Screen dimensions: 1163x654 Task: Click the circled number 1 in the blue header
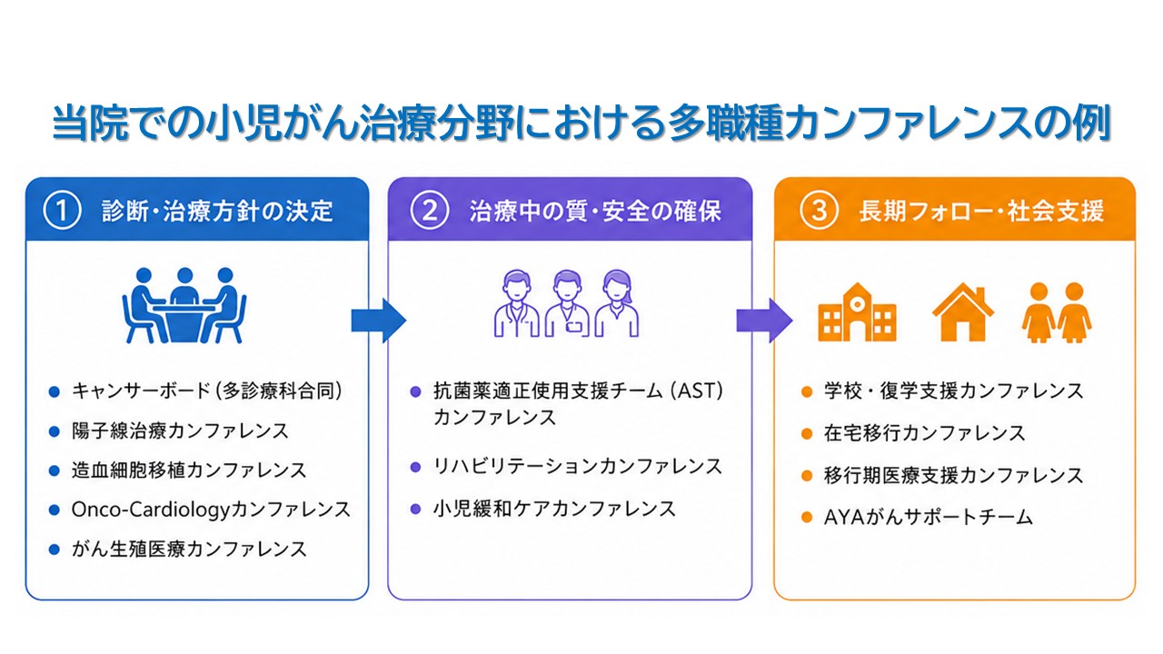tap(63, 211)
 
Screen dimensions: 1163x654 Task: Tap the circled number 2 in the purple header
tap(430, 211)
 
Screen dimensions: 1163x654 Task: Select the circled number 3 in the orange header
tap(819, 211)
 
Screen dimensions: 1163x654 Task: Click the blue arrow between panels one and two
tap(379, 321)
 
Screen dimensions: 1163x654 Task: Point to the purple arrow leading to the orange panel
tap(764, 321)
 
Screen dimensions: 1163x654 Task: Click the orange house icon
tap(963, 312)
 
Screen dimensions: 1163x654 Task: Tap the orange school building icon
tap(857, 312)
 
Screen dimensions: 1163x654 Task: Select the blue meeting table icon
tap(184, 305)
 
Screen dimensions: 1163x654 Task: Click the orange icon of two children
tap(1057, 312)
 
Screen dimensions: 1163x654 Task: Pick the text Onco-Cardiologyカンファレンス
tap(211, 510)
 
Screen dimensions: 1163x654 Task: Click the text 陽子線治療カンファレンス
tap(180, 431)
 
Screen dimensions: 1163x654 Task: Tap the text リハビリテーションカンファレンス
tap(577, 466)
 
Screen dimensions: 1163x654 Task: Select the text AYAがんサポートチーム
tap(929, 517)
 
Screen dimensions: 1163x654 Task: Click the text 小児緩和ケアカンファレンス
tap(554, 509)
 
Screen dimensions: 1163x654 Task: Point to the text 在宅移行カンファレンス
tap(924, 433)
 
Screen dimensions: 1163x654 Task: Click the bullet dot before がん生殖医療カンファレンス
tap(54, 550)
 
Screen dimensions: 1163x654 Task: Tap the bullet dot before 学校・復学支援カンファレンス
tap(806, 391)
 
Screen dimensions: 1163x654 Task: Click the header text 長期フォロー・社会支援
tap(981, 212)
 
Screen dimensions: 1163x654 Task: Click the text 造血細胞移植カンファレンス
tap(189, 471)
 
